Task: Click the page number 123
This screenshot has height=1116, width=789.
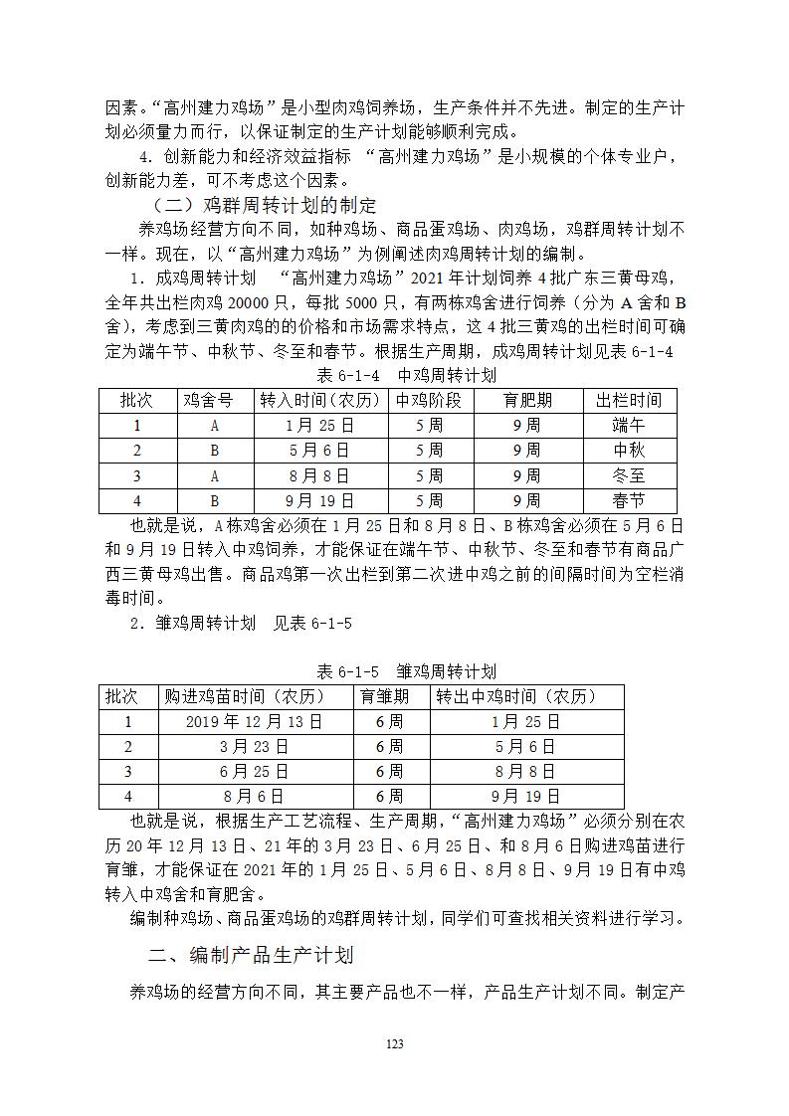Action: coord(394,1043)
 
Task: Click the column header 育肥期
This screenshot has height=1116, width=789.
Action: coord(526,401)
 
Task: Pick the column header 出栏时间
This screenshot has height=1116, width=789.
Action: coord(629,401)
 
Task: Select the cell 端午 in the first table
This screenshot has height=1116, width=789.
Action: coord(629,426)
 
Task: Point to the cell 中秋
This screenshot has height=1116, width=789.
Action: coord(629,451)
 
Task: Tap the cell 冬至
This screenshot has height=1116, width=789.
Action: coord(629,475)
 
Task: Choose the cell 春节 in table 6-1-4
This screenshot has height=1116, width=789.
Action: coord(629,500)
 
